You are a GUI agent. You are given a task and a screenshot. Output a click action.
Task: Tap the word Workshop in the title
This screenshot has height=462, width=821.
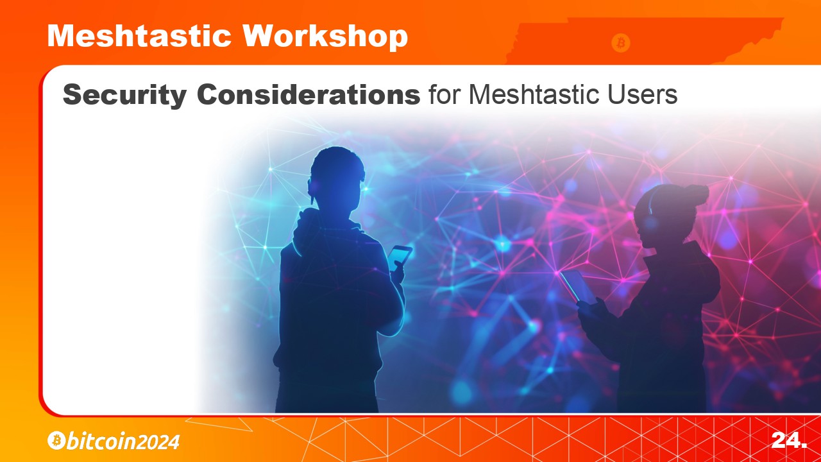click(x=325, y=37)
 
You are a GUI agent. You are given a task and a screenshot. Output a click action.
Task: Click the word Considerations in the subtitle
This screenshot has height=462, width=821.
click(x=309, y=94)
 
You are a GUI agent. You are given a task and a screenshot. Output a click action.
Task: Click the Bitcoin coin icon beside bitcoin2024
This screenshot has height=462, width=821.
click(x=56, y=440)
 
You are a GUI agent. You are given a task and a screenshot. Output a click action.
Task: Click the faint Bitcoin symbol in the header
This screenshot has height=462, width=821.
click(x=620, y=43)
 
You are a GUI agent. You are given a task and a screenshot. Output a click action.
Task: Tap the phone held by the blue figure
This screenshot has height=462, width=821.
click(x=400, y=257)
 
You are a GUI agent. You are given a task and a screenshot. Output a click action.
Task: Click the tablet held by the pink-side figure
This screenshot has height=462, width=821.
click(x=579, y=287)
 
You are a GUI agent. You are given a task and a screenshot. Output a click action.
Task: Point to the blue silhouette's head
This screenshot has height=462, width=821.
click(x=336, y=180)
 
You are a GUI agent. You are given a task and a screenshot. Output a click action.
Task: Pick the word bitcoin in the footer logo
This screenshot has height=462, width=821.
click(x=101, y=441)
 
